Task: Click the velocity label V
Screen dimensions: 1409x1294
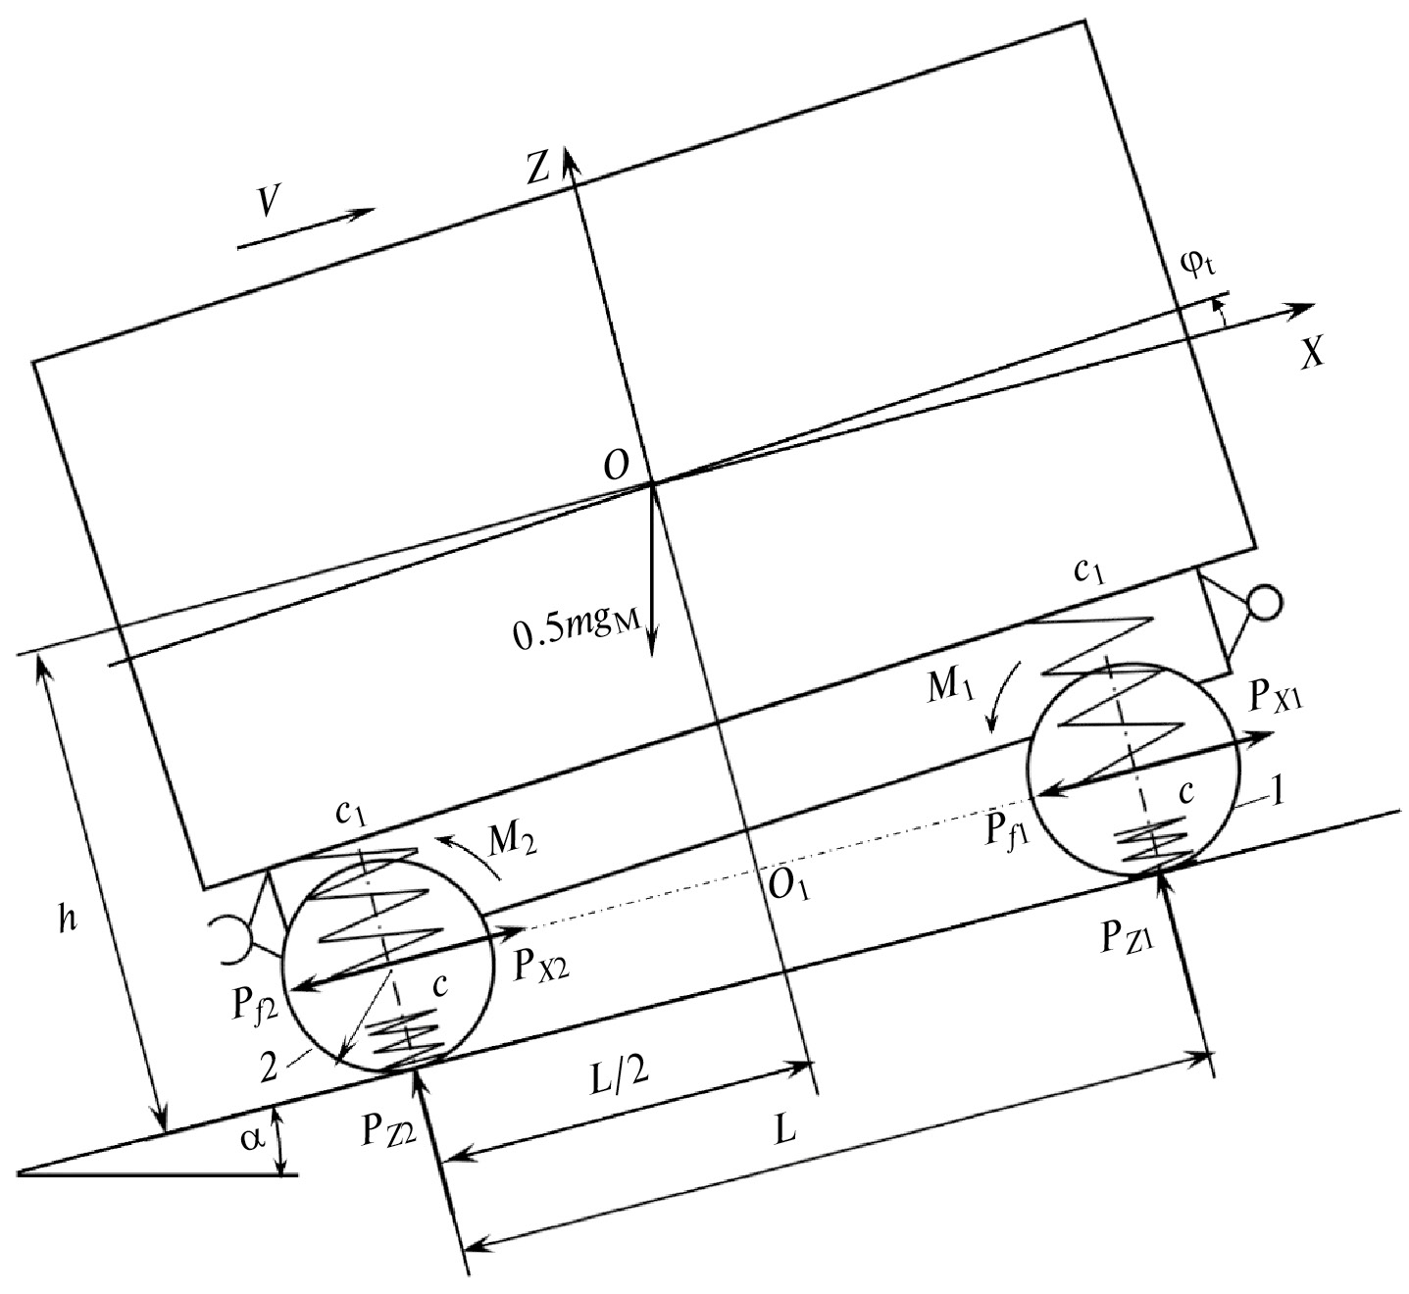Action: (269, 202)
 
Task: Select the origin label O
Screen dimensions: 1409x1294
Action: (616, 465)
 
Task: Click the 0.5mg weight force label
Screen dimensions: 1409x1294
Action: (578, 626)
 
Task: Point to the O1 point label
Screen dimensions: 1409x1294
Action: (788, 887)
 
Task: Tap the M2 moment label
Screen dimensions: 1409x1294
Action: (513, 838)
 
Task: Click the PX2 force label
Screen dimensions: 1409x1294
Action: (541, 966)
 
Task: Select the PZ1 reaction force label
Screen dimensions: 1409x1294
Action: (1127, 938)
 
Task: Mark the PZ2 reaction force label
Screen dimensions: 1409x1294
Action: (388, 1130)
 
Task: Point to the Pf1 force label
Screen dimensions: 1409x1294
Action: (1007, 829)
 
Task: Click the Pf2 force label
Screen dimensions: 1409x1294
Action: (256, 1010)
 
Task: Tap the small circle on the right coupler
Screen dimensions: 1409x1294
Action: (1264, 603)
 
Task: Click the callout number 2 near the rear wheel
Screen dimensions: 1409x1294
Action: (269, 1069)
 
